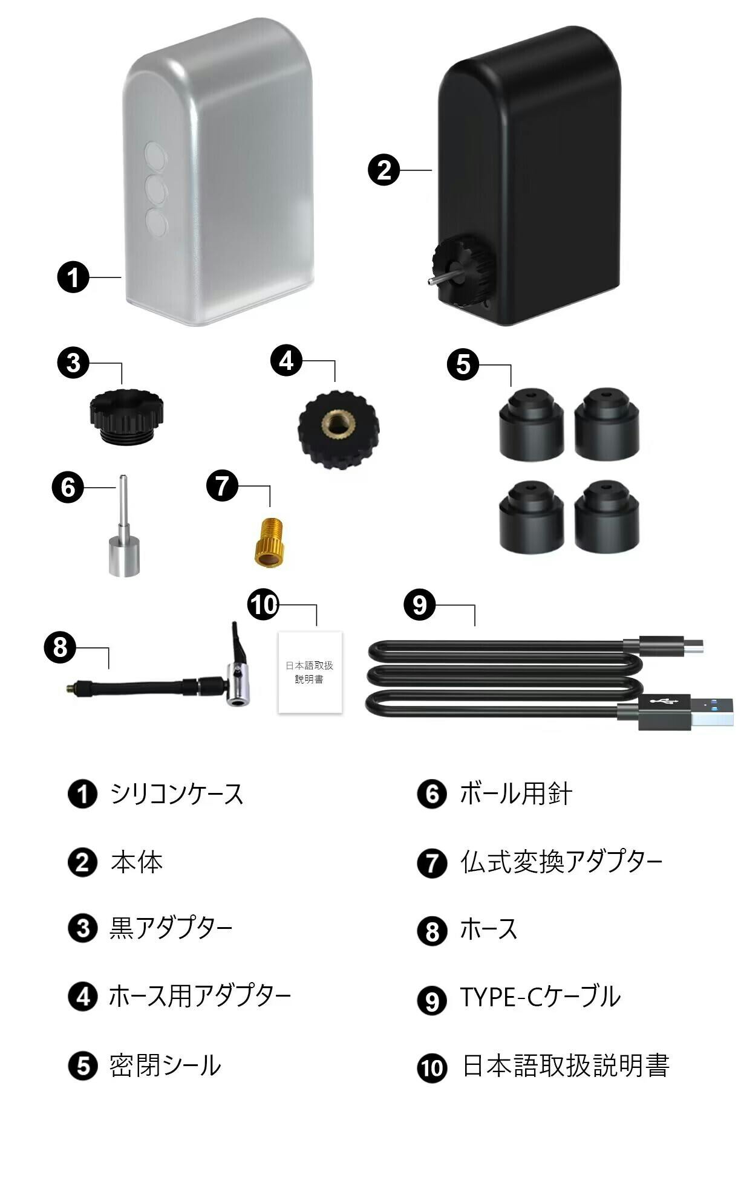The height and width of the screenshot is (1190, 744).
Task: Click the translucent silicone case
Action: [219, 172]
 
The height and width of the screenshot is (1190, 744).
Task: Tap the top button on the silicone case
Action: [155, 154]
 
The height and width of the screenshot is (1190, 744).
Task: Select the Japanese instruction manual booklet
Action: [310, 672]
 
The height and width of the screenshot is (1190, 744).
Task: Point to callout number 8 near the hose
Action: [60, 647]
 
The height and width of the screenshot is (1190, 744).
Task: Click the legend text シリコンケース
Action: [177, 794]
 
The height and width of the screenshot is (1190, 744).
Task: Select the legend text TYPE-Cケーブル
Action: [540, 997]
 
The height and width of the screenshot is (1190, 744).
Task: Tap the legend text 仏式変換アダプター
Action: [561, 861]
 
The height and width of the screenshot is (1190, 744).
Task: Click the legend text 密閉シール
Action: [165, 1065]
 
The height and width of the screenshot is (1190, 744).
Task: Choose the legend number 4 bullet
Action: [83, 997]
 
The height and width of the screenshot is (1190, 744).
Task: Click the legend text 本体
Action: [137, 862]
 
